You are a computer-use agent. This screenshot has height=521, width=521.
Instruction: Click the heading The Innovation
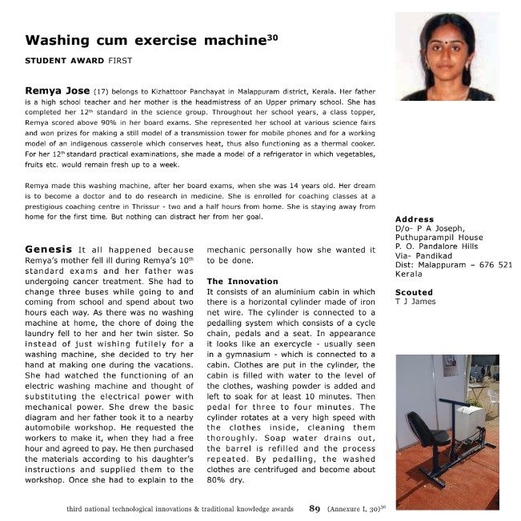242,282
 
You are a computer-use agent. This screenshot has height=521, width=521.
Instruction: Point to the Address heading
415,219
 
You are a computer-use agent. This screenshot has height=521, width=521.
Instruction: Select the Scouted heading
414,292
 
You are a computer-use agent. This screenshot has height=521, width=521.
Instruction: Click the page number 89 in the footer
315,507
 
